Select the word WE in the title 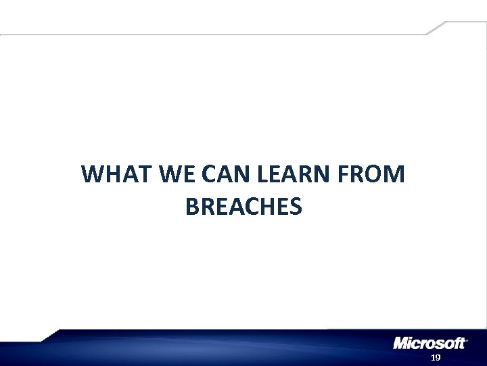tap(175, 175)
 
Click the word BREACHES tap(243, 207)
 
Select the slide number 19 tap(436, 357)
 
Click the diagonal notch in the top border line tap(436, 27)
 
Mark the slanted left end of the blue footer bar tap(51, 336)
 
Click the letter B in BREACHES tap(191, 207)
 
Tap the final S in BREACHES tap(295, 207)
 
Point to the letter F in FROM tap(342, 175)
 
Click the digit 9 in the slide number tap(438, 357)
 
